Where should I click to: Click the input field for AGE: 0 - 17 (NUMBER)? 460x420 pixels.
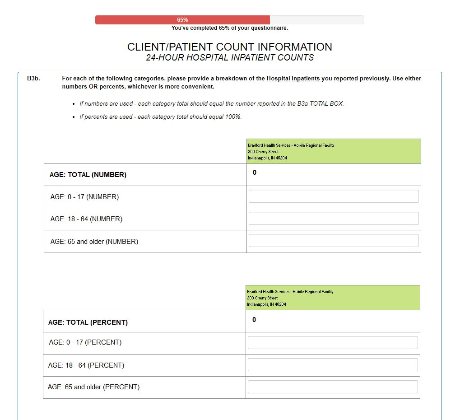click(334, 196)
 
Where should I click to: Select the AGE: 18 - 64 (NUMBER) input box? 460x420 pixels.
click(334, 219)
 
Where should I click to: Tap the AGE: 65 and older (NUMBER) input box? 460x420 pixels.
click(334, 241)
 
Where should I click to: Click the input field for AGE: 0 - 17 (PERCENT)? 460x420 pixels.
click(333, 343)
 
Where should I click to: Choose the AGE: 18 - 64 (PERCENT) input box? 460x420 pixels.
click(333, 365)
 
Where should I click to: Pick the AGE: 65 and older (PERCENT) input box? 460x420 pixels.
click(333, 387)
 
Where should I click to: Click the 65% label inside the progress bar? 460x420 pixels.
click(182, 20)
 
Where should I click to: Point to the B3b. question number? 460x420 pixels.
click(33, 79)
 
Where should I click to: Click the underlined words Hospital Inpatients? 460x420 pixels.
click(293, 79)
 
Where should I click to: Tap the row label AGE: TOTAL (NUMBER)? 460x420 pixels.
click(88, 175)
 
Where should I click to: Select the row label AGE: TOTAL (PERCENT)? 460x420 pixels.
click(88, 322)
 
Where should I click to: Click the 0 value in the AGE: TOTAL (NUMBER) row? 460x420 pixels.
click(255, 173)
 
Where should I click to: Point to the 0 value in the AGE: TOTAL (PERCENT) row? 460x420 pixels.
click(254, 320)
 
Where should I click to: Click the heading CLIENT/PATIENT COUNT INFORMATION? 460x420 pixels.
click(230, 47)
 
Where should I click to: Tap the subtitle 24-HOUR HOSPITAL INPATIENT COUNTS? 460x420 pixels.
click(230, 58)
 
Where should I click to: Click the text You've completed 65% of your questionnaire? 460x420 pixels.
click(230, 28)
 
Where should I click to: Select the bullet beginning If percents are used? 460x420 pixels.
click(161, 117)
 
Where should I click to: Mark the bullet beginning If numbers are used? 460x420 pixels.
click(212, 104)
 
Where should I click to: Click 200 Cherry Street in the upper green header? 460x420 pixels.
click(263, 152)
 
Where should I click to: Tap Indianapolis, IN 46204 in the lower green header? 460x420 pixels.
click(266, 304)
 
